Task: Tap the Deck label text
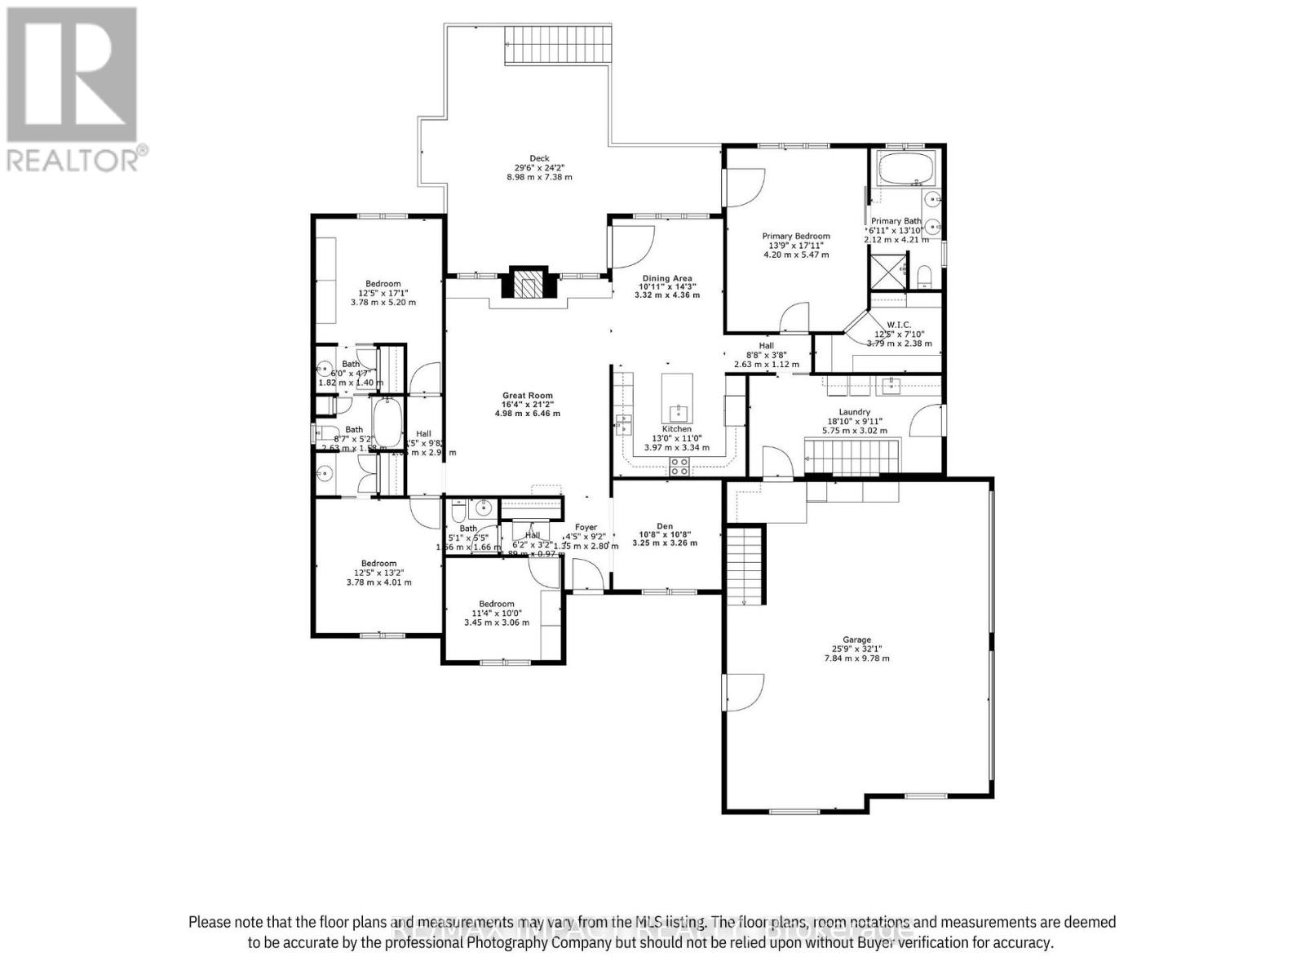(539, 159)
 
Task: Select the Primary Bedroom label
(795, 237)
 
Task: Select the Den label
(666, 527)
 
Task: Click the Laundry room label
(854, 412)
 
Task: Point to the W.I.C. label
(899, 325)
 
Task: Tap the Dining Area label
(666, 278)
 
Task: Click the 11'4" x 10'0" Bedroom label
(496, 605)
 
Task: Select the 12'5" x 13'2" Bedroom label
(378, 564)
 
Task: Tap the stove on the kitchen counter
(678, 466)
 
